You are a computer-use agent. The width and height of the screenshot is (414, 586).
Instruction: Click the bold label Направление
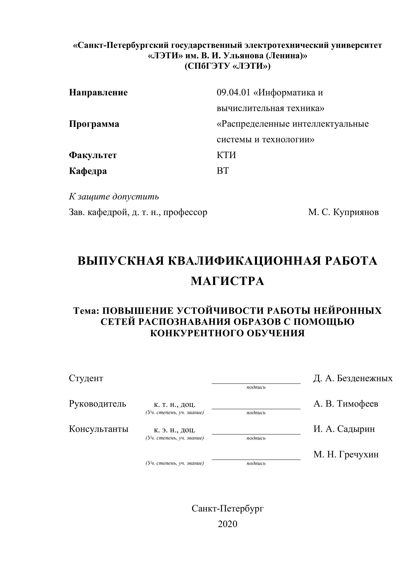[x=98, y=92]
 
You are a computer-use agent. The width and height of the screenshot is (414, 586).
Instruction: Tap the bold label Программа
[x=94, y=124]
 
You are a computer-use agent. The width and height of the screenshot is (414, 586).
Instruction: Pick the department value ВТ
[x=223, y=171]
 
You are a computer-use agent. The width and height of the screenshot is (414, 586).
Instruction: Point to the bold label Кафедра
[x=88, y=171]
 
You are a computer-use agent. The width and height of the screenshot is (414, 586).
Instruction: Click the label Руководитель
[x=98, y=404]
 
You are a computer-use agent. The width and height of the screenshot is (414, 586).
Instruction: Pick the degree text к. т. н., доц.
[x=174, y=405]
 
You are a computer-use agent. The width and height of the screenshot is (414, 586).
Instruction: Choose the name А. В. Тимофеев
[x=346, y=404]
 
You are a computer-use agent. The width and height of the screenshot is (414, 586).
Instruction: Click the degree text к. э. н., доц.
[x=174, y=430]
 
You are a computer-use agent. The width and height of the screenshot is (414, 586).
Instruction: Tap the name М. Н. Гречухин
[x=346, y=454]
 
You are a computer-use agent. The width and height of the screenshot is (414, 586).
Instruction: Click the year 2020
[x=227, y=524]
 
